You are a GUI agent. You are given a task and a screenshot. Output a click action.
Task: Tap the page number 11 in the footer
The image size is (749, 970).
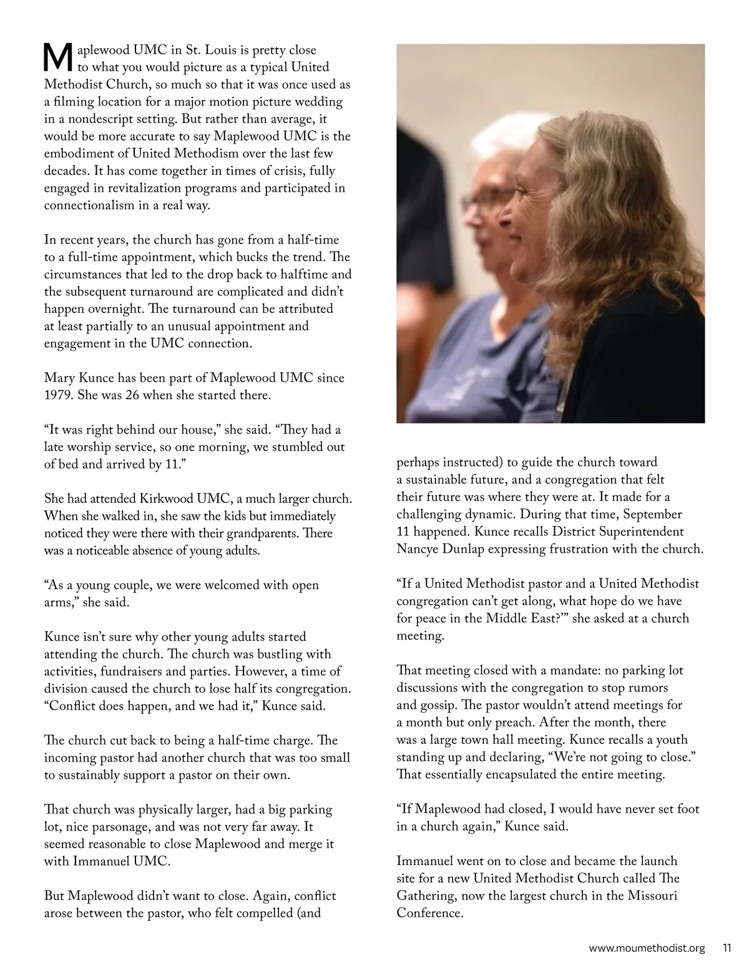(727, 948)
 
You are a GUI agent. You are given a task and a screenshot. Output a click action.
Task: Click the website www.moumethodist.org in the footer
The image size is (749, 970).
(647, 948)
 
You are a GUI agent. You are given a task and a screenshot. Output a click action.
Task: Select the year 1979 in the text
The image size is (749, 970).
(58, 395)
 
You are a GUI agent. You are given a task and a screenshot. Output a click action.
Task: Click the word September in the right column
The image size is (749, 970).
(652, 515)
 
